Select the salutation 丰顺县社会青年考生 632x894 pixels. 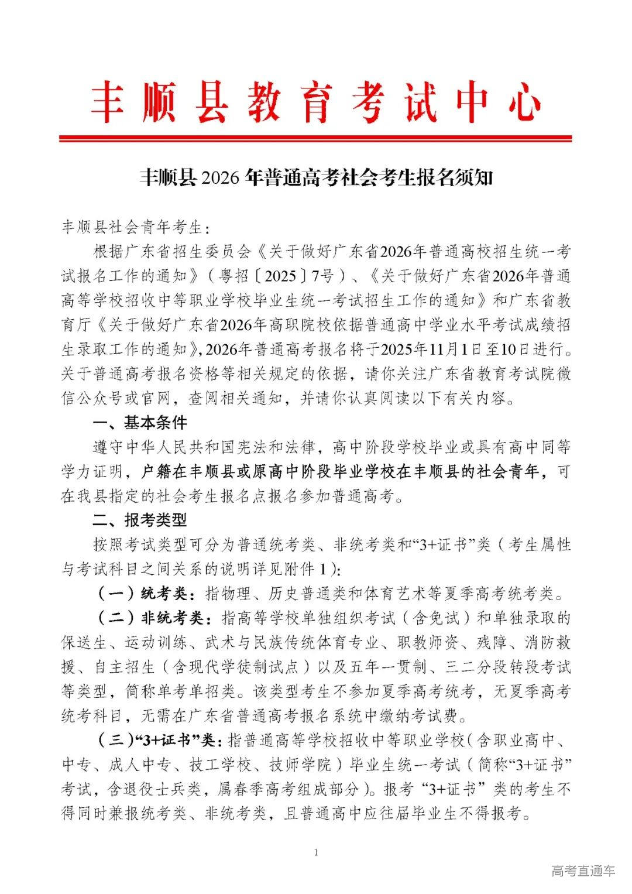132,227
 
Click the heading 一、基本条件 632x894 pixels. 140,422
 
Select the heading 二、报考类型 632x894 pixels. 140,519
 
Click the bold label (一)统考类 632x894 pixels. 146,593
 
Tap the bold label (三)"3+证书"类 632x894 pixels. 157,741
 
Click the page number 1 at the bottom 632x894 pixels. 316,852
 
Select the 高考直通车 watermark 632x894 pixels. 583,871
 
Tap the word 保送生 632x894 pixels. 84,642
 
